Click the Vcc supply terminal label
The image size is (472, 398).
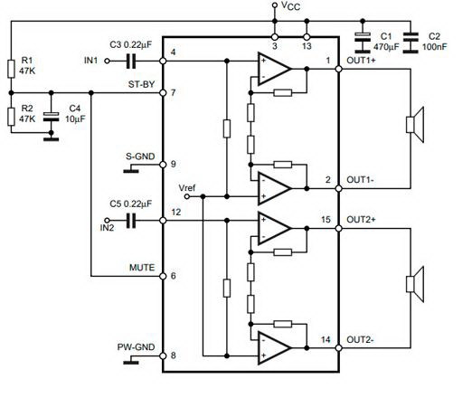tap(290, 5)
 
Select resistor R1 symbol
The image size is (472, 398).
tap(11, 69)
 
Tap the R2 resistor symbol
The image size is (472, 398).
tap(11, 117)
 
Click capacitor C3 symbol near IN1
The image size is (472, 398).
tap(131, 62)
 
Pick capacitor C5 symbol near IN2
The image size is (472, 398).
tap(131, 221)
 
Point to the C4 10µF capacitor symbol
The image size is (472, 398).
tap(51, 117)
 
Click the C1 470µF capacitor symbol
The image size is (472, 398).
tap(363, 43)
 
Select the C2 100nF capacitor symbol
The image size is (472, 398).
tap(411, 43)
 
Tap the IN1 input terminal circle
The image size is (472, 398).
tap(107, 62)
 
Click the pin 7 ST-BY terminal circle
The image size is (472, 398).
tap(163, 93)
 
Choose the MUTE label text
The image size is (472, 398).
tap(142, 268)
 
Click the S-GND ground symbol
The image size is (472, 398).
tap(131, 168)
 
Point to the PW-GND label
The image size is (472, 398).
tap(136, 347)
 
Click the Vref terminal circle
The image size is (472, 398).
tap(187, 196)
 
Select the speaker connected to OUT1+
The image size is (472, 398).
tap(415, 125)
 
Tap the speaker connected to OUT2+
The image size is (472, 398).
tap(415, 284)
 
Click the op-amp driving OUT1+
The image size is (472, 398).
tap(274, 69)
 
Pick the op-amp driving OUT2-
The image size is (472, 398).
tap(274, 348)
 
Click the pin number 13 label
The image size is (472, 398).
tap(307, 46)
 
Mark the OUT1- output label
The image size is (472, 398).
tap(360, 180)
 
